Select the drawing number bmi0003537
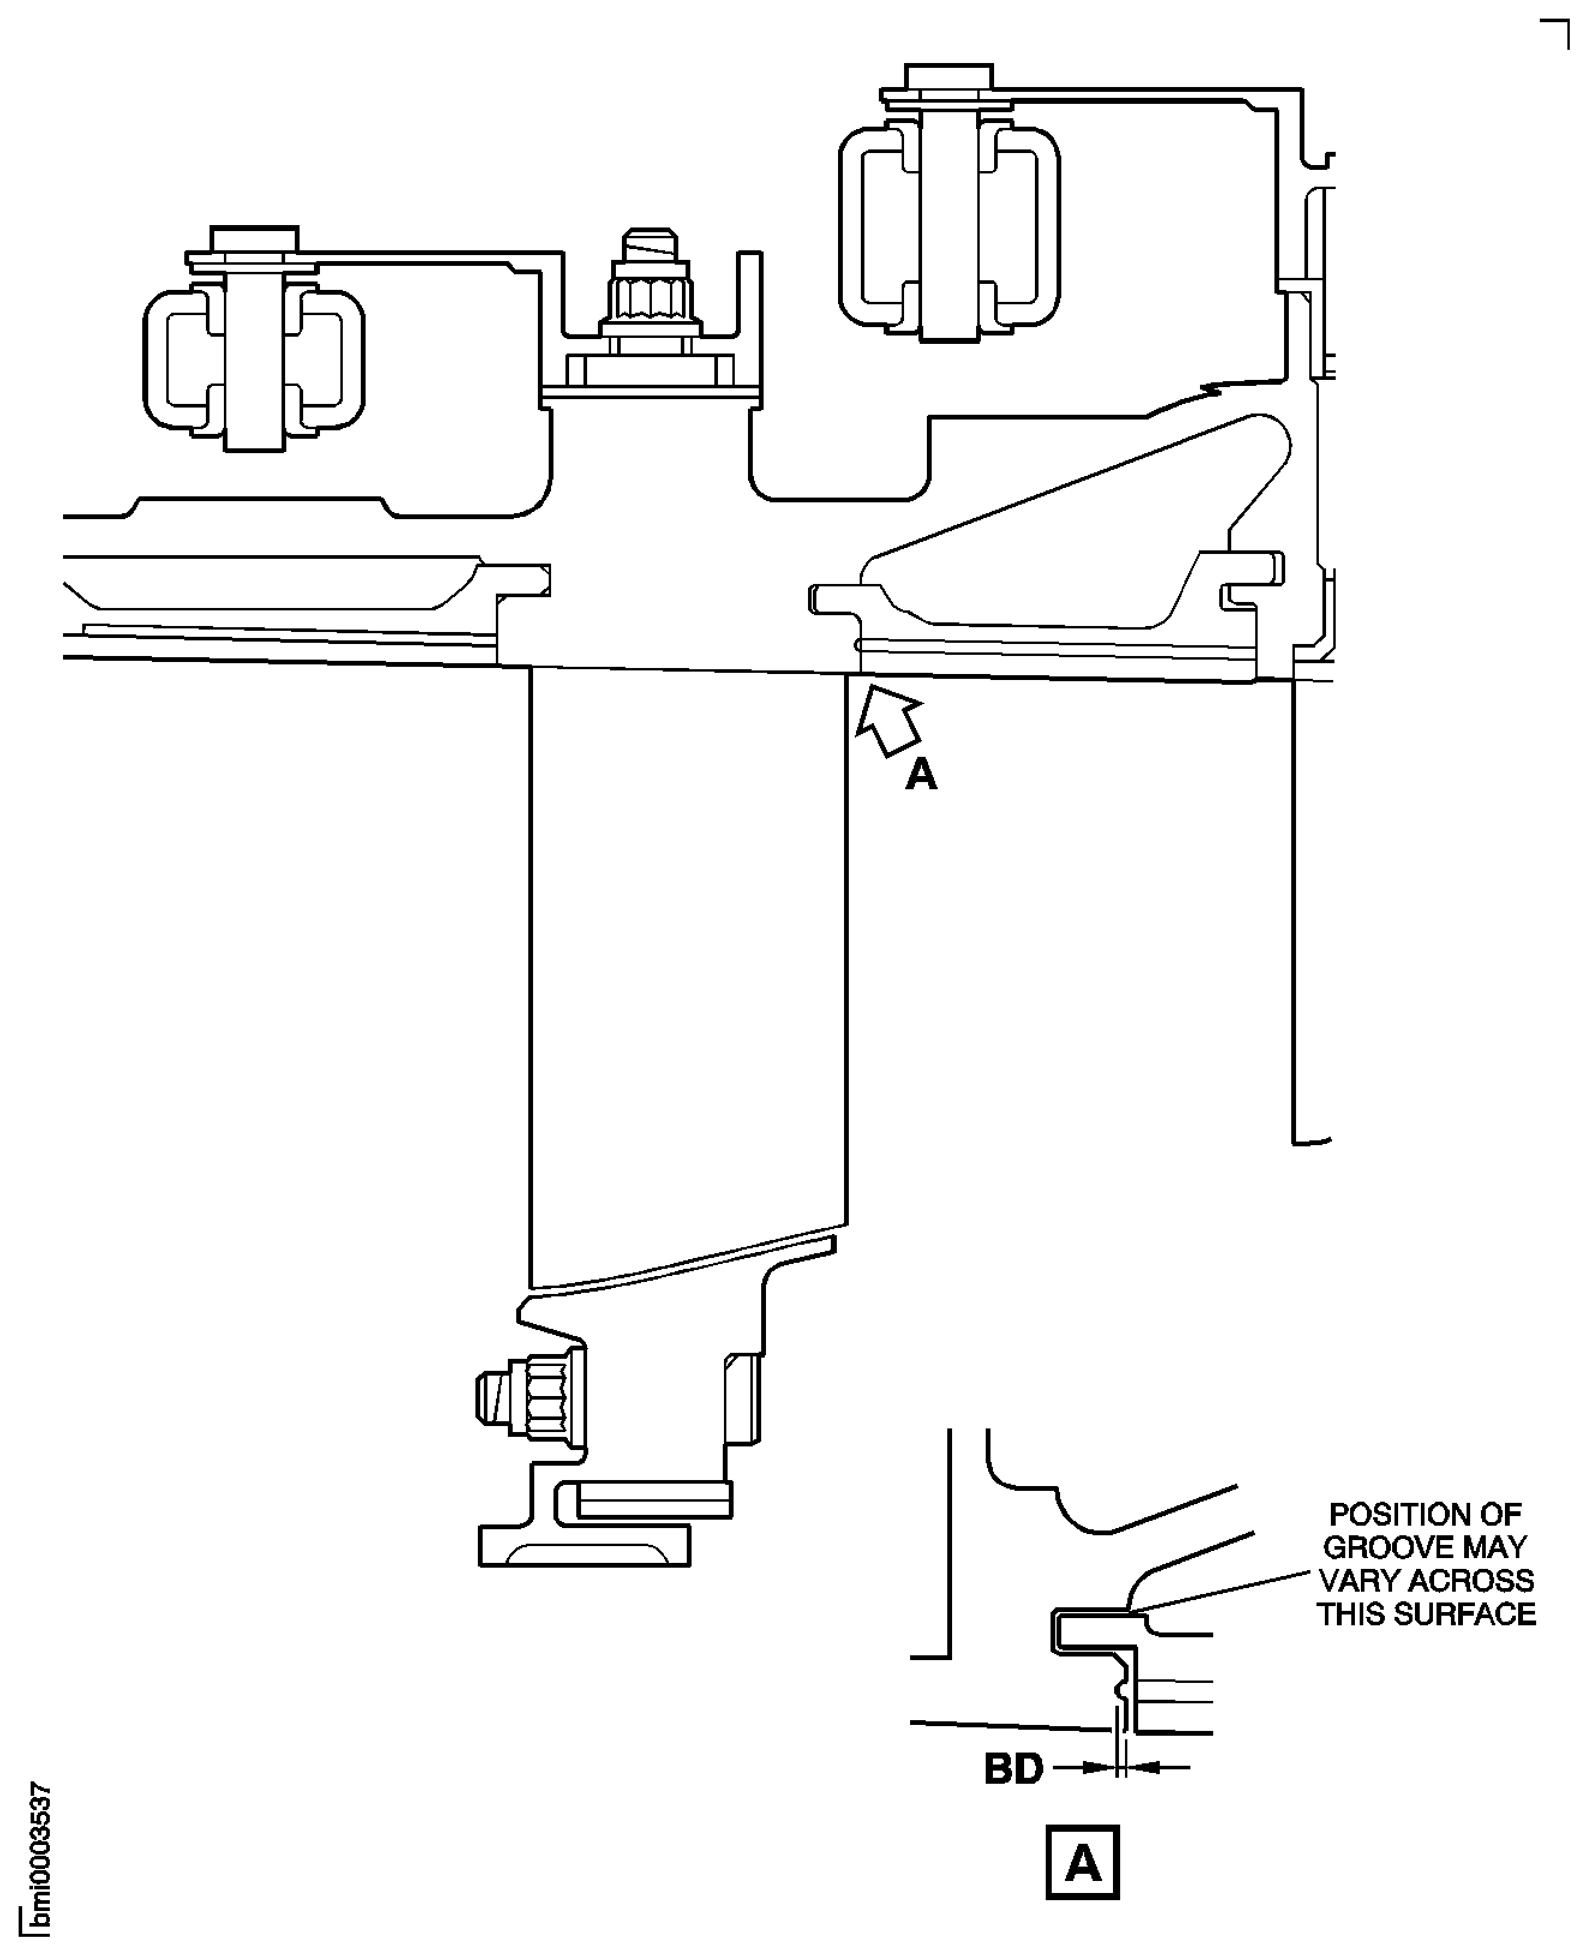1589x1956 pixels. click(x=40, y=1859)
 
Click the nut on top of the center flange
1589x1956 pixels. click(x=650, y=298)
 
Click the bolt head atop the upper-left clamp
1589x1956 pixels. click(x=253, y=240)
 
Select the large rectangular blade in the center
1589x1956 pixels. click(x=687, y=961)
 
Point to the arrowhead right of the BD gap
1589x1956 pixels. click(x=1144, y=1768)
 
